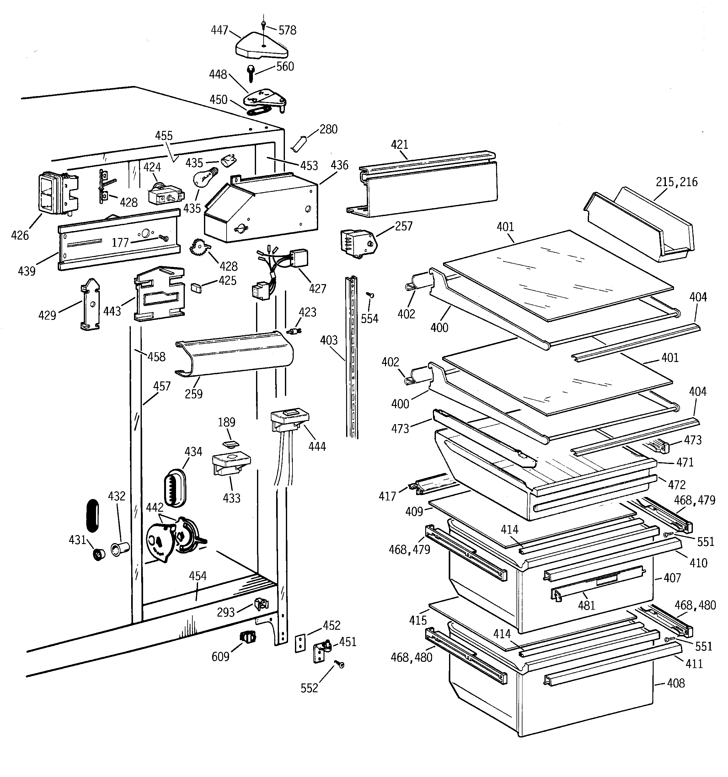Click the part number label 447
(219, 30)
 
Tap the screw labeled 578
(265, 24)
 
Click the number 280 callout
(328, 129)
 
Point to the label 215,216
(677, 182)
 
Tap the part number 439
(27, 271)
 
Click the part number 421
(399, 145)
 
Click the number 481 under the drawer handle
(586, 605)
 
